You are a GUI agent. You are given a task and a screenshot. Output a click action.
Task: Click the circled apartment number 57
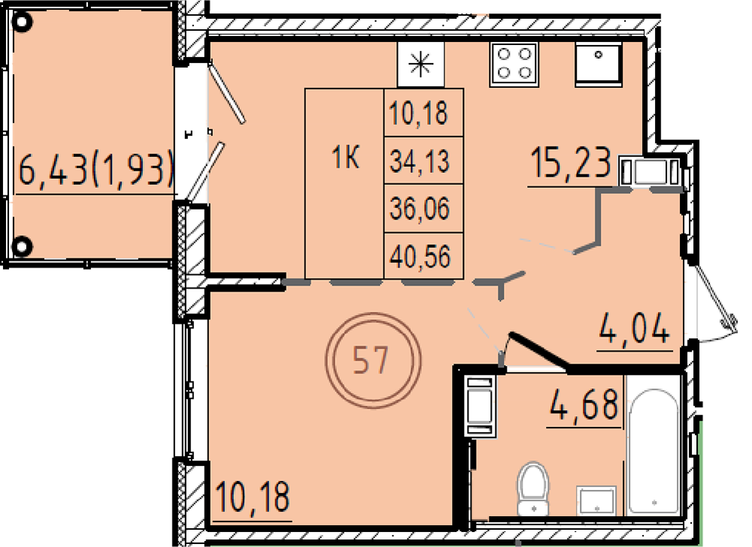click(x=373, y=360)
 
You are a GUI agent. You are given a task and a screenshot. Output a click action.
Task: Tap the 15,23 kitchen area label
click(x=571, y=165)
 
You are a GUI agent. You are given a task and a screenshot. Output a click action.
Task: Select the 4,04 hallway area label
click(x=633, y=328)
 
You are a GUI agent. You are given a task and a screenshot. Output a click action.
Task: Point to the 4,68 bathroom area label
click(x=584, y=405)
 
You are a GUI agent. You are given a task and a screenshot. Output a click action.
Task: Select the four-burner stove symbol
click(x=514, y=64)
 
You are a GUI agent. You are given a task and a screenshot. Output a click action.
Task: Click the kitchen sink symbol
click(x=598, y=64)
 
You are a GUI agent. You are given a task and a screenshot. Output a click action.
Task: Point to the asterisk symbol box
click(x=420, y=64)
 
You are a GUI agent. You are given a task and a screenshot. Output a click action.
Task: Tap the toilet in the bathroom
click(x=533, y=488)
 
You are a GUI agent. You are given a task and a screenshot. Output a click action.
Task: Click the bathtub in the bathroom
click(x=653, y=452)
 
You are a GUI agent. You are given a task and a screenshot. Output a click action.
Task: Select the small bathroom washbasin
click(x=596, y=500)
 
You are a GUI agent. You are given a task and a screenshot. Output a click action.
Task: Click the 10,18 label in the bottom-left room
click(x=253, y=498)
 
